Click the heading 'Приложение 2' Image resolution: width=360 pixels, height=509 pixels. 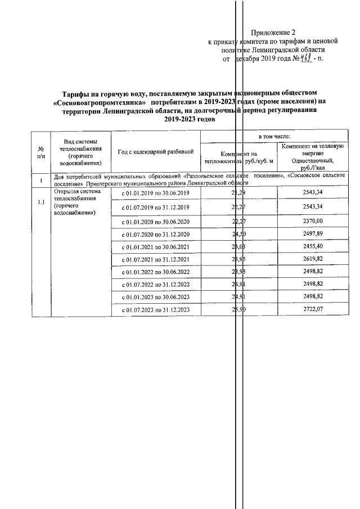[273, 33]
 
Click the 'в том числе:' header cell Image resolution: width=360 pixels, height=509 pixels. [274, 137]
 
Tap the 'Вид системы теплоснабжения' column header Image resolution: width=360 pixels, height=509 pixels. [81, 152]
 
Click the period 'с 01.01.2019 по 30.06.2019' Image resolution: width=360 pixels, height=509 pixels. [156, 193]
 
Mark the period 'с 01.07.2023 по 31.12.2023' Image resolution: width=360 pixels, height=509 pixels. [156, 310]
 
